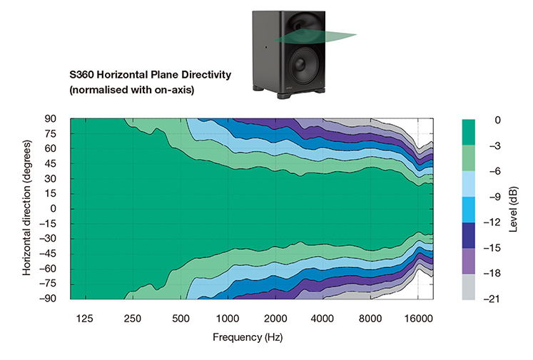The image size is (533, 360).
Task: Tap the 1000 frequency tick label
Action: [x=227, y=318]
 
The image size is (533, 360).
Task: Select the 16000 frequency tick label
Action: [x=419, y=318]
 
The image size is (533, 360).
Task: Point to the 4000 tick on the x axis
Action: [x=323, y=318]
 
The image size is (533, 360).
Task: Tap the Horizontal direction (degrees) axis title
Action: [x=27, y=208]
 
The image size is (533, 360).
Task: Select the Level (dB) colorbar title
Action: [x=514, y=209]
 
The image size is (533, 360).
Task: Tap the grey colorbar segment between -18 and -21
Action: [x=472, y=286]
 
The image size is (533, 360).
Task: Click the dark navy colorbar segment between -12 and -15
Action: [x=472, y=235]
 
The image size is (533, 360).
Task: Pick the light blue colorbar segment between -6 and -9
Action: [x=472, y=184]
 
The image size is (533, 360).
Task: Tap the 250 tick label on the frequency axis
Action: [x=131, y=318]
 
